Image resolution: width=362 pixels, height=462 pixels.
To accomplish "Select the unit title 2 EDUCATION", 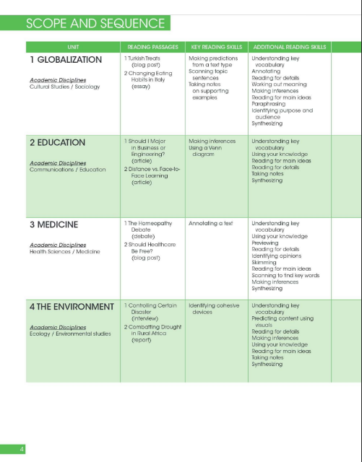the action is [x=57, y=142].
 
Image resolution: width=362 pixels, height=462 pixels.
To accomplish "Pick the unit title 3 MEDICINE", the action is [x=55, y=225].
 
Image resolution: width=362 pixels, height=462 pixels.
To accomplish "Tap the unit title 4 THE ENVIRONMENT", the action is [x=71, y=307].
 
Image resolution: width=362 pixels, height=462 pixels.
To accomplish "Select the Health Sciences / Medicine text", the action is [x=64, y=251].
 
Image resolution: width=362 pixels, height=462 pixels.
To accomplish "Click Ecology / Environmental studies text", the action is [x=70, y=334].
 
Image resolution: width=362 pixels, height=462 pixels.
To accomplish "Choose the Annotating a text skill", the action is [x=210, y=223].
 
